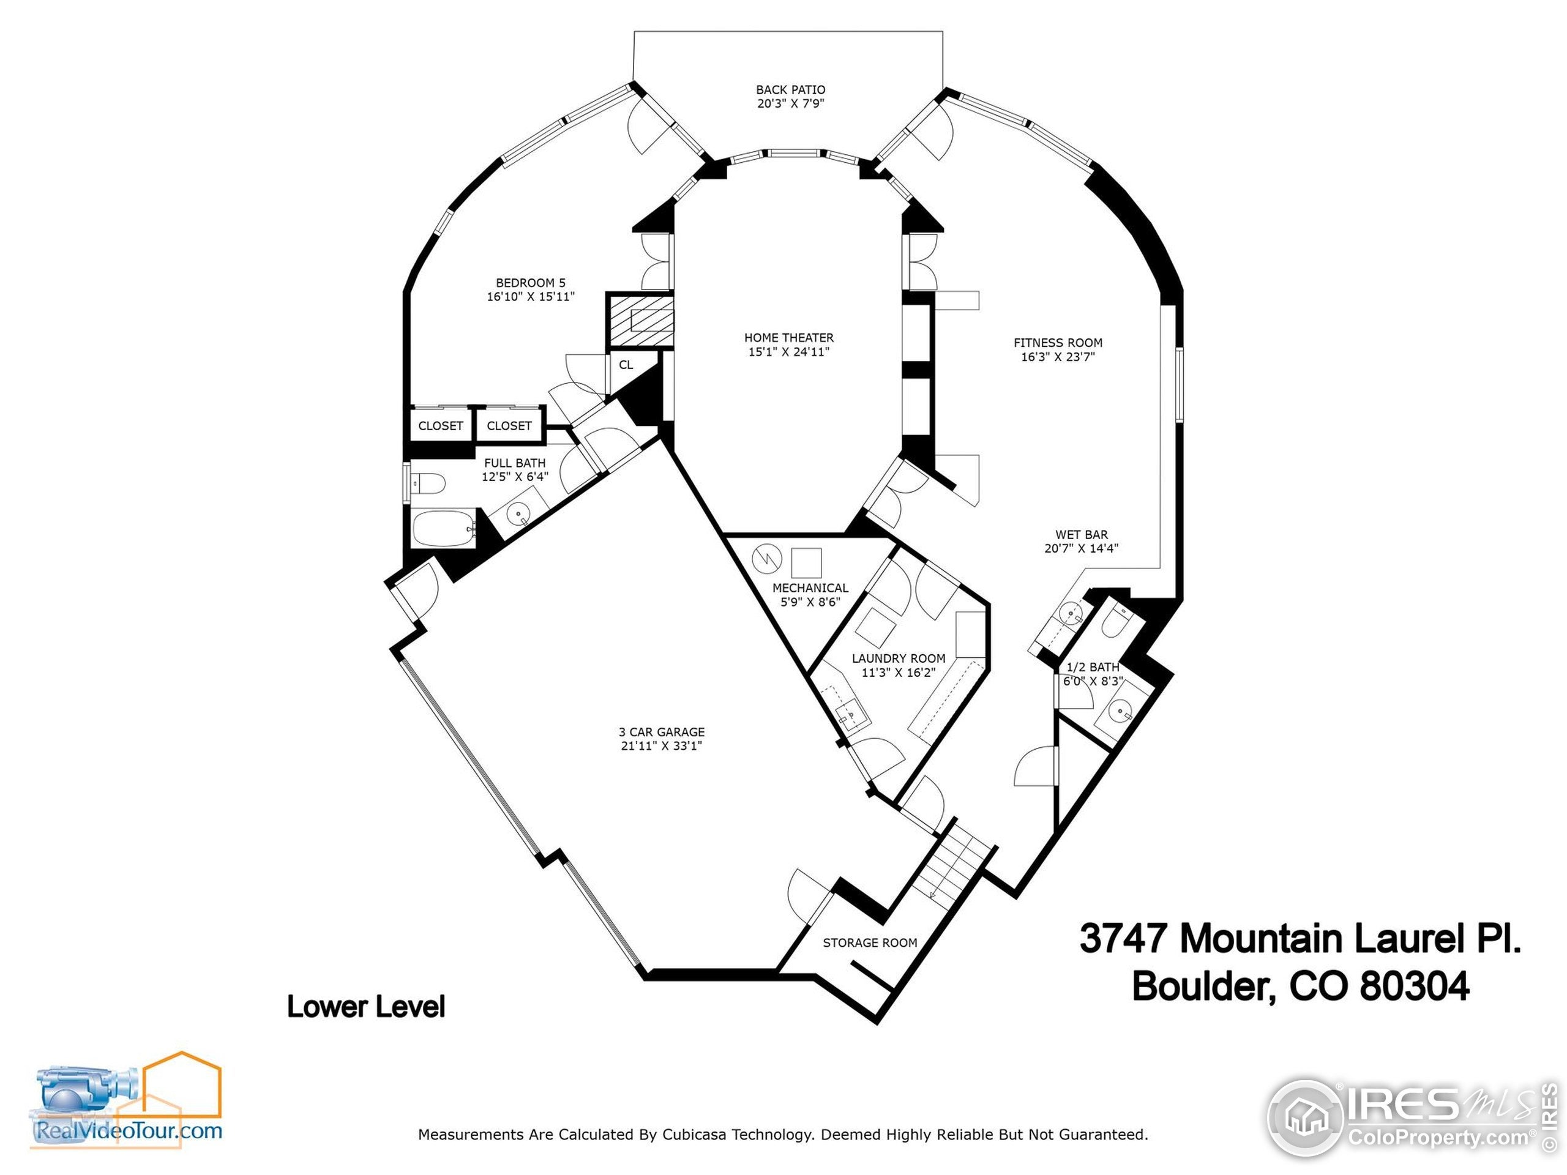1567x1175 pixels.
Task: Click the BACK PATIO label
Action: click(790, 90)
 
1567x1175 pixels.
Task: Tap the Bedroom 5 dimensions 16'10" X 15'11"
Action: click(530, 297)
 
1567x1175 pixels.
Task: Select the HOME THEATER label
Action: click(788, 338)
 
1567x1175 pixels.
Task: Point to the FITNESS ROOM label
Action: click(1058, 343)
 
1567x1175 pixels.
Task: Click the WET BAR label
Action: click(1081, 535)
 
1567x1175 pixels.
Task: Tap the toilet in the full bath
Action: click(428, 483)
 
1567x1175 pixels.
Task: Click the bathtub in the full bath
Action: click(443, 528)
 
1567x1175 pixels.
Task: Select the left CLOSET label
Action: click(440, 426)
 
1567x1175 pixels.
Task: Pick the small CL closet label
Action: click(626, 365)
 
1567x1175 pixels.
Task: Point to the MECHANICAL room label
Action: click(810, 588)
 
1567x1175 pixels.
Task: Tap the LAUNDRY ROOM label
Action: click(898, 658)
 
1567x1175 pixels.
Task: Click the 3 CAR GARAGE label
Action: click(661, 732)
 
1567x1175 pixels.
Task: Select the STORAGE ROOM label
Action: click(869, 942)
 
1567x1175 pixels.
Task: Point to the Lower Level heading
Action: click(365, 1007)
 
